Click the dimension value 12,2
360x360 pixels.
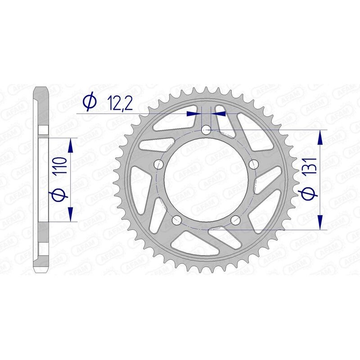tap(120, 104)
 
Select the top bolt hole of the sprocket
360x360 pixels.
tap(206, 130)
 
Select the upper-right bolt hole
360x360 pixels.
tap(253, 163)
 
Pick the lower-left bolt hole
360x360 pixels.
tap(177, 220)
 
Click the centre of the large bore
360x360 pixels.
tap(206, 180)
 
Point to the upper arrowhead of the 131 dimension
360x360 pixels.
tap(320, 137)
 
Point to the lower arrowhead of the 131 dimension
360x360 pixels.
tap(320, 222)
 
